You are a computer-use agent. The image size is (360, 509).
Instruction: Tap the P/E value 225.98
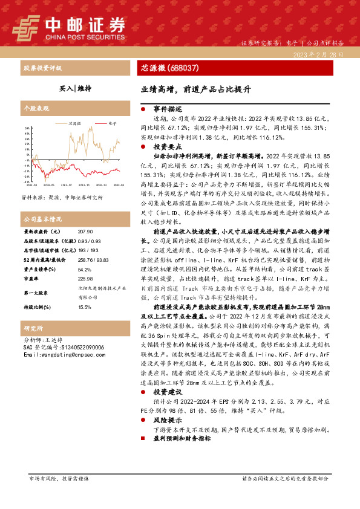(85, 279)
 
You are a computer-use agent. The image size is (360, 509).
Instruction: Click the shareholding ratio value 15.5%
(85, 308)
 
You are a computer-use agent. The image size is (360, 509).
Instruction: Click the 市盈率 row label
(31, 279)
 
